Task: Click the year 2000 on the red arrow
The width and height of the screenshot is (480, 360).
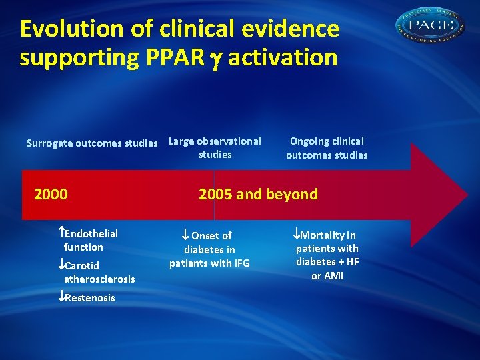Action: point(51,195)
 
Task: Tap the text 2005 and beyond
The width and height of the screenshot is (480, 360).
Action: point(258,195)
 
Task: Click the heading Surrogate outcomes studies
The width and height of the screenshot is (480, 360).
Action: point(92,143)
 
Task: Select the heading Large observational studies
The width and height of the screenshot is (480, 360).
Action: point(215,148)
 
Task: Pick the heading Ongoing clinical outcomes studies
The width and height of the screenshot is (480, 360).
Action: point(327,148)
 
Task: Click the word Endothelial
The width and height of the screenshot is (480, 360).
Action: point(91,233)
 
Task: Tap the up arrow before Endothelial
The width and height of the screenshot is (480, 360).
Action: point(61,233)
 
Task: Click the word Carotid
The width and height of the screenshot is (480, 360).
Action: point(83,265)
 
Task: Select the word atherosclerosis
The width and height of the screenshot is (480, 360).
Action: point(99,279)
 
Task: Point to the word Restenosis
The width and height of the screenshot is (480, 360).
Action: point(89,297)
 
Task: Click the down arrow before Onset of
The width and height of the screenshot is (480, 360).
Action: point(186,235)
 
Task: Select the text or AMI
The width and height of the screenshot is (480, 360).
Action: point(327,275)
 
